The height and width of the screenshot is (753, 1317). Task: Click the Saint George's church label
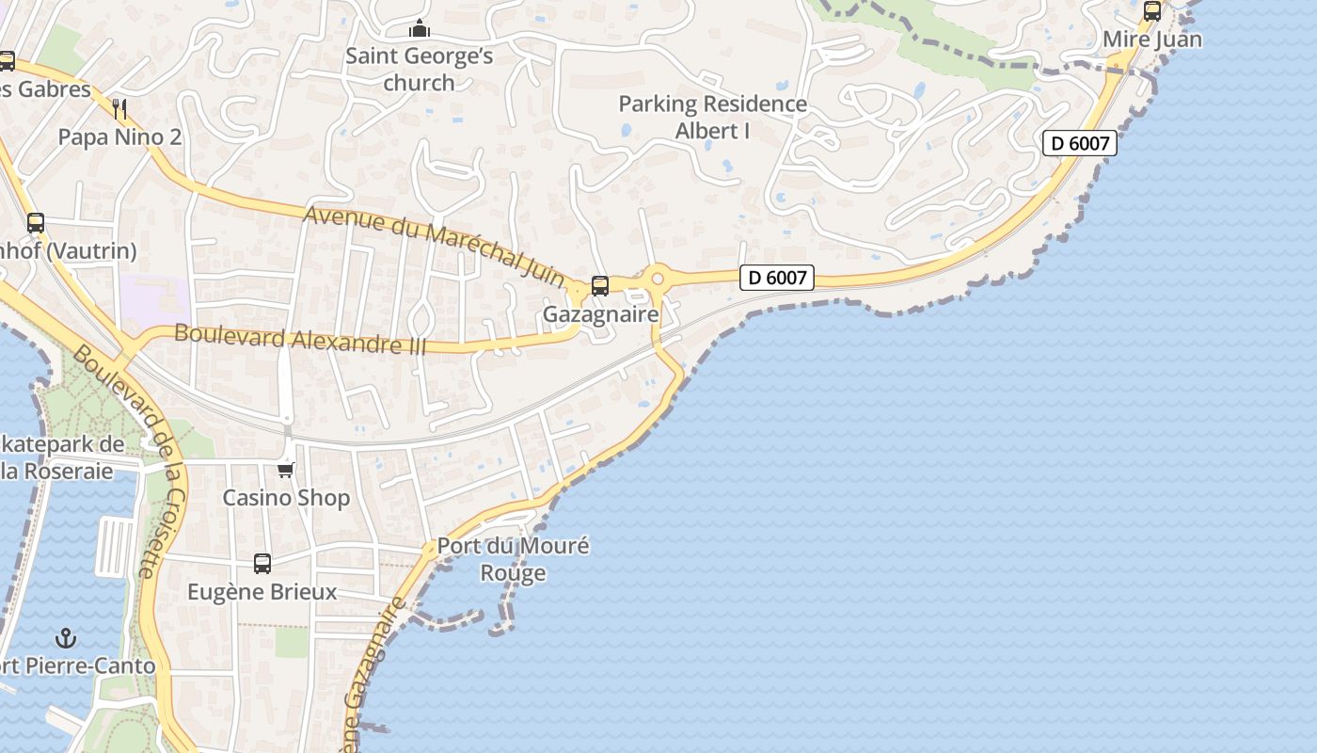point(419,70)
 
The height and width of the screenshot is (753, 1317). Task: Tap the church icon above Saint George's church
point(420,29)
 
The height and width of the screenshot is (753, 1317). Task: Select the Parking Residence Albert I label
point(712,117)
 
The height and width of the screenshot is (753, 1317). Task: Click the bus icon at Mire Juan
point(1151,11)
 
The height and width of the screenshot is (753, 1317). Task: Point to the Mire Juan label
point(1151,40)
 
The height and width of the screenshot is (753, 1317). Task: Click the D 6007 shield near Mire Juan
point(1080,143)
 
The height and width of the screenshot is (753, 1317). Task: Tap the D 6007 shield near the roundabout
point(776,278)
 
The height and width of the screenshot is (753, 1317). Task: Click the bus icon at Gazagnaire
point(600,286)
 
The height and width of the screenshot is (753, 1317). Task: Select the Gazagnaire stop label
point(600,313)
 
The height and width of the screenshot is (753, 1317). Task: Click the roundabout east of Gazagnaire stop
point(658,278)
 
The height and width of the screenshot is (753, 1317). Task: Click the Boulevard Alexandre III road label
point(300,339)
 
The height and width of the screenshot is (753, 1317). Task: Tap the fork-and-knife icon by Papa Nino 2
point(119,109)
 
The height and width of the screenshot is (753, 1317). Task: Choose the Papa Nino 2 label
point(119,137)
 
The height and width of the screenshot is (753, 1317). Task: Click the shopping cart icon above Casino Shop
point(286,470)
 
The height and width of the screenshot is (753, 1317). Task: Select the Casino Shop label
point(286,497)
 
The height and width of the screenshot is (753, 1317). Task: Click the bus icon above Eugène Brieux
point(262,564)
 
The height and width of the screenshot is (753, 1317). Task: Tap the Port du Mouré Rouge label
point(513,559)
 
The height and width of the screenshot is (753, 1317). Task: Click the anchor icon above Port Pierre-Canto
point(66,639)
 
